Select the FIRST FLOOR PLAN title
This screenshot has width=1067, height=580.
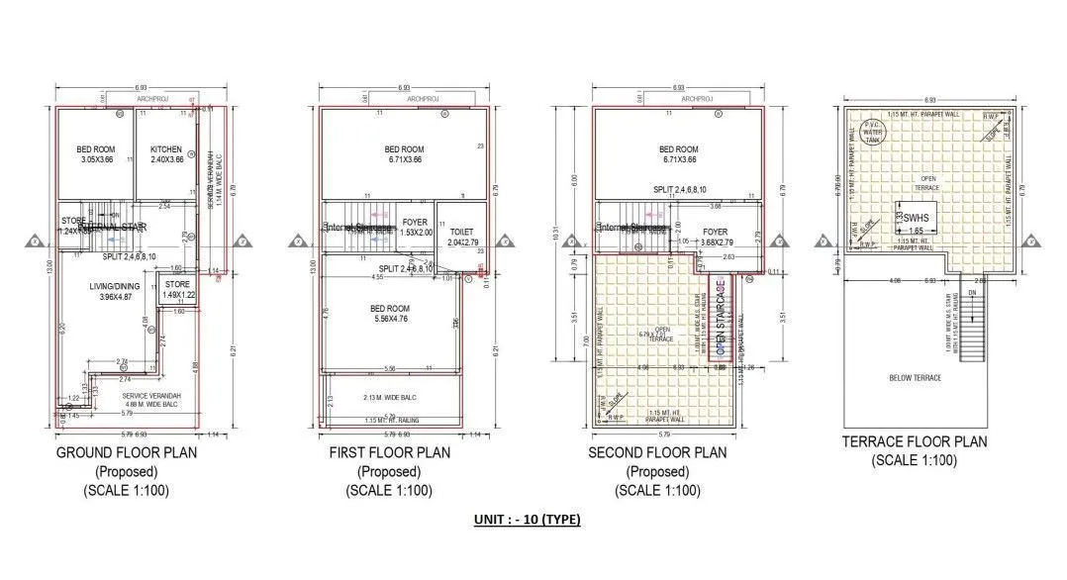tap(389, 452)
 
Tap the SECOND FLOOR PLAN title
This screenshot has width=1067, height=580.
tap(657, 452)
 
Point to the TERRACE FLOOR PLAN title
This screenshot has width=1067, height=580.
tap(914, 441)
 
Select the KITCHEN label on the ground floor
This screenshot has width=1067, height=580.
tap(166, 149)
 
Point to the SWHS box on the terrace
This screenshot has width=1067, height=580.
tap(915, 222)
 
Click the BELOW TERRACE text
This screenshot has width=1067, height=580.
tap(914, 378)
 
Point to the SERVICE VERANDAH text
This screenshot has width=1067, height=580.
tap(131, 396)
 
